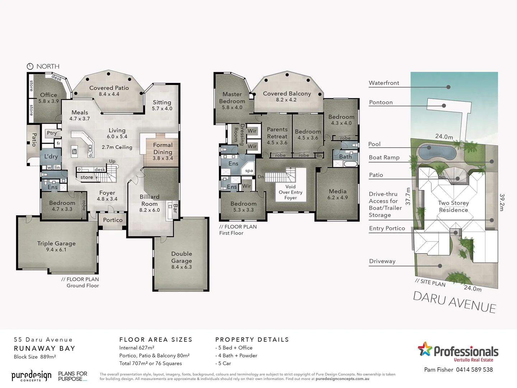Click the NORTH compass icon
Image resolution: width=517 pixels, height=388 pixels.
tap(30, 66)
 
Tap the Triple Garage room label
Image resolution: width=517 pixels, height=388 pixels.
tap(56, 244)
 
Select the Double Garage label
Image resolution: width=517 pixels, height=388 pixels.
tap(182, 257)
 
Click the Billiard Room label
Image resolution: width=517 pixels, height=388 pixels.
tap(149, 200)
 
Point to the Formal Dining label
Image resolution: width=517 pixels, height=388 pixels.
tap(163, 148)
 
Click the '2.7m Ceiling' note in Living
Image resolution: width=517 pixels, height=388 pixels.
tap(117, 147)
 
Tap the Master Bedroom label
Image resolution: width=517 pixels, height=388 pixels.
tap(232, 98)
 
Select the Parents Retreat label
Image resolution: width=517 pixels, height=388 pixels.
tap(277, 133)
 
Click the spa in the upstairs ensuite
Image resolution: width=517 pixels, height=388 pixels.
tap(249, 171)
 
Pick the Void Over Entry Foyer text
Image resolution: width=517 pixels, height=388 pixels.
tap(290, 192)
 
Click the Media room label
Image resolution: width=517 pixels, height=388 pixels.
tap(337, 191)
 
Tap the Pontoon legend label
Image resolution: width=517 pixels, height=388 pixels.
tap(381, 102)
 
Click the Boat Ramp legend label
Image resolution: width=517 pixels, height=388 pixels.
tap(384, 157)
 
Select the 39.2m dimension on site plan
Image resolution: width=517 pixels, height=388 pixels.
tap(502, 202)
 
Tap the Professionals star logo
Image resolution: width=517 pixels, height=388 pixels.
tap(425, 349)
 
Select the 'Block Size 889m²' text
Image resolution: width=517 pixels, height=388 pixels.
tap(34, 357)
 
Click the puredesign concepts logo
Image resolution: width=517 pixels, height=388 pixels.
tap(31, 376)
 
